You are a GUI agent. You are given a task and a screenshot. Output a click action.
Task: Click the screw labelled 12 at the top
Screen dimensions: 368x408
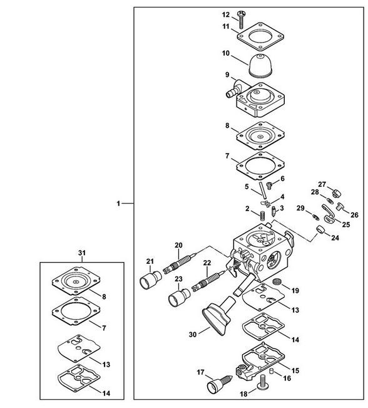(241, 19)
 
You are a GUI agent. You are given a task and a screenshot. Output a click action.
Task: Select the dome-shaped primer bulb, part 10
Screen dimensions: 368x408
(261, 65)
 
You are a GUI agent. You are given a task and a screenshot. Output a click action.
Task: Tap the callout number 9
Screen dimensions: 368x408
(227, 75)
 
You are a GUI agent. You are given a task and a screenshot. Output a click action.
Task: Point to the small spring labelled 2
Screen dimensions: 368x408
(263, 216)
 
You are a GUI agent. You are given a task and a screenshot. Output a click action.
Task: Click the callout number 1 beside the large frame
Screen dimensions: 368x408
(118, 204)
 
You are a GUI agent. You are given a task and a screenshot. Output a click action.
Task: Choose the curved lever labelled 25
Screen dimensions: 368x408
(329, 215)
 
